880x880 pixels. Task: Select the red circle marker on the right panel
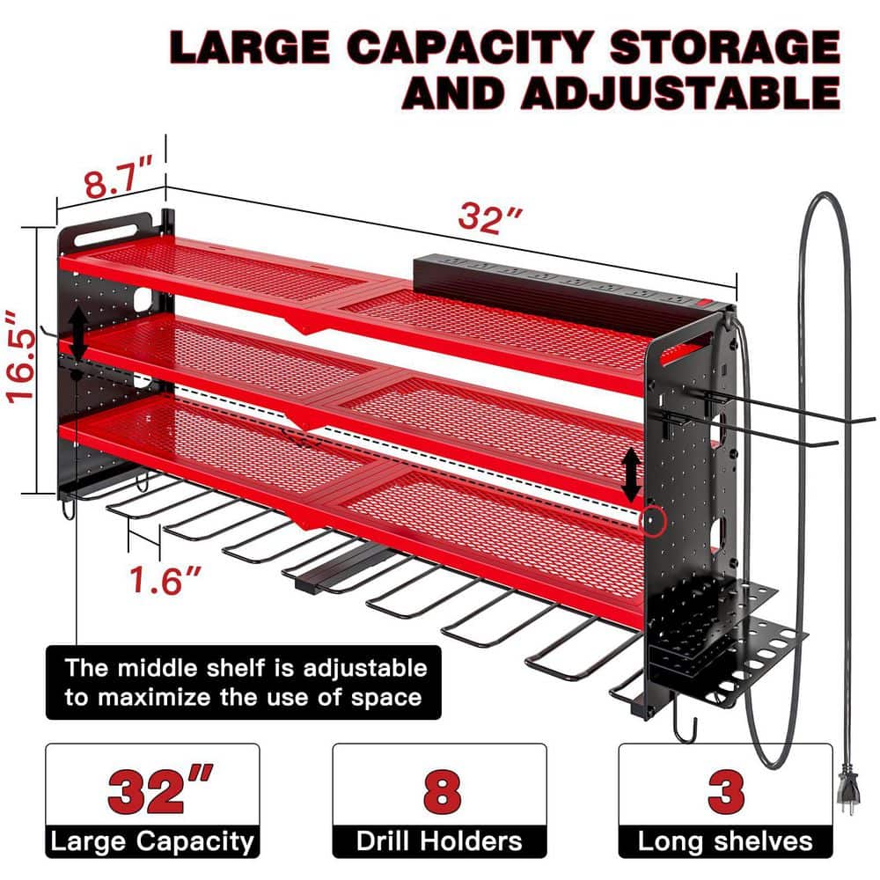(x=652, y=520)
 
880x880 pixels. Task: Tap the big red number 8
(x=439, y=791)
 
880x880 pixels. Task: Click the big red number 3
(x=726, y=791)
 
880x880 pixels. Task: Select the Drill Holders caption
(x=439, y=840)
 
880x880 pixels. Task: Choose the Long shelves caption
(x=725, y=840)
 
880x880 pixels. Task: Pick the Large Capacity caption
(x=152, y=840)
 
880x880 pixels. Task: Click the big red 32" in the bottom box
(x=152, y=791)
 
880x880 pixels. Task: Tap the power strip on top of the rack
(x=563, y=280)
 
